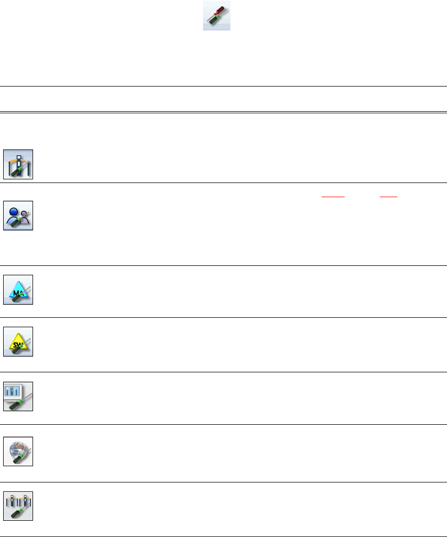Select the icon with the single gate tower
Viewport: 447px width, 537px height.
[18, 164]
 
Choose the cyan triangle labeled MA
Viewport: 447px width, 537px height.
[18, 289]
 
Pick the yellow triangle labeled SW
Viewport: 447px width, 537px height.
[18, 342]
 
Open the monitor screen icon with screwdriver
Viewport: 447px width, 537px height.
[18, 396]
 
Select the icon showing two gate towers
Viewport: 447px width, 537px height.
[18, 506]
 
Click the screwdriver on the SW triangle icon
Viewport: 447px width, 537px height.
[16, 350]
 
